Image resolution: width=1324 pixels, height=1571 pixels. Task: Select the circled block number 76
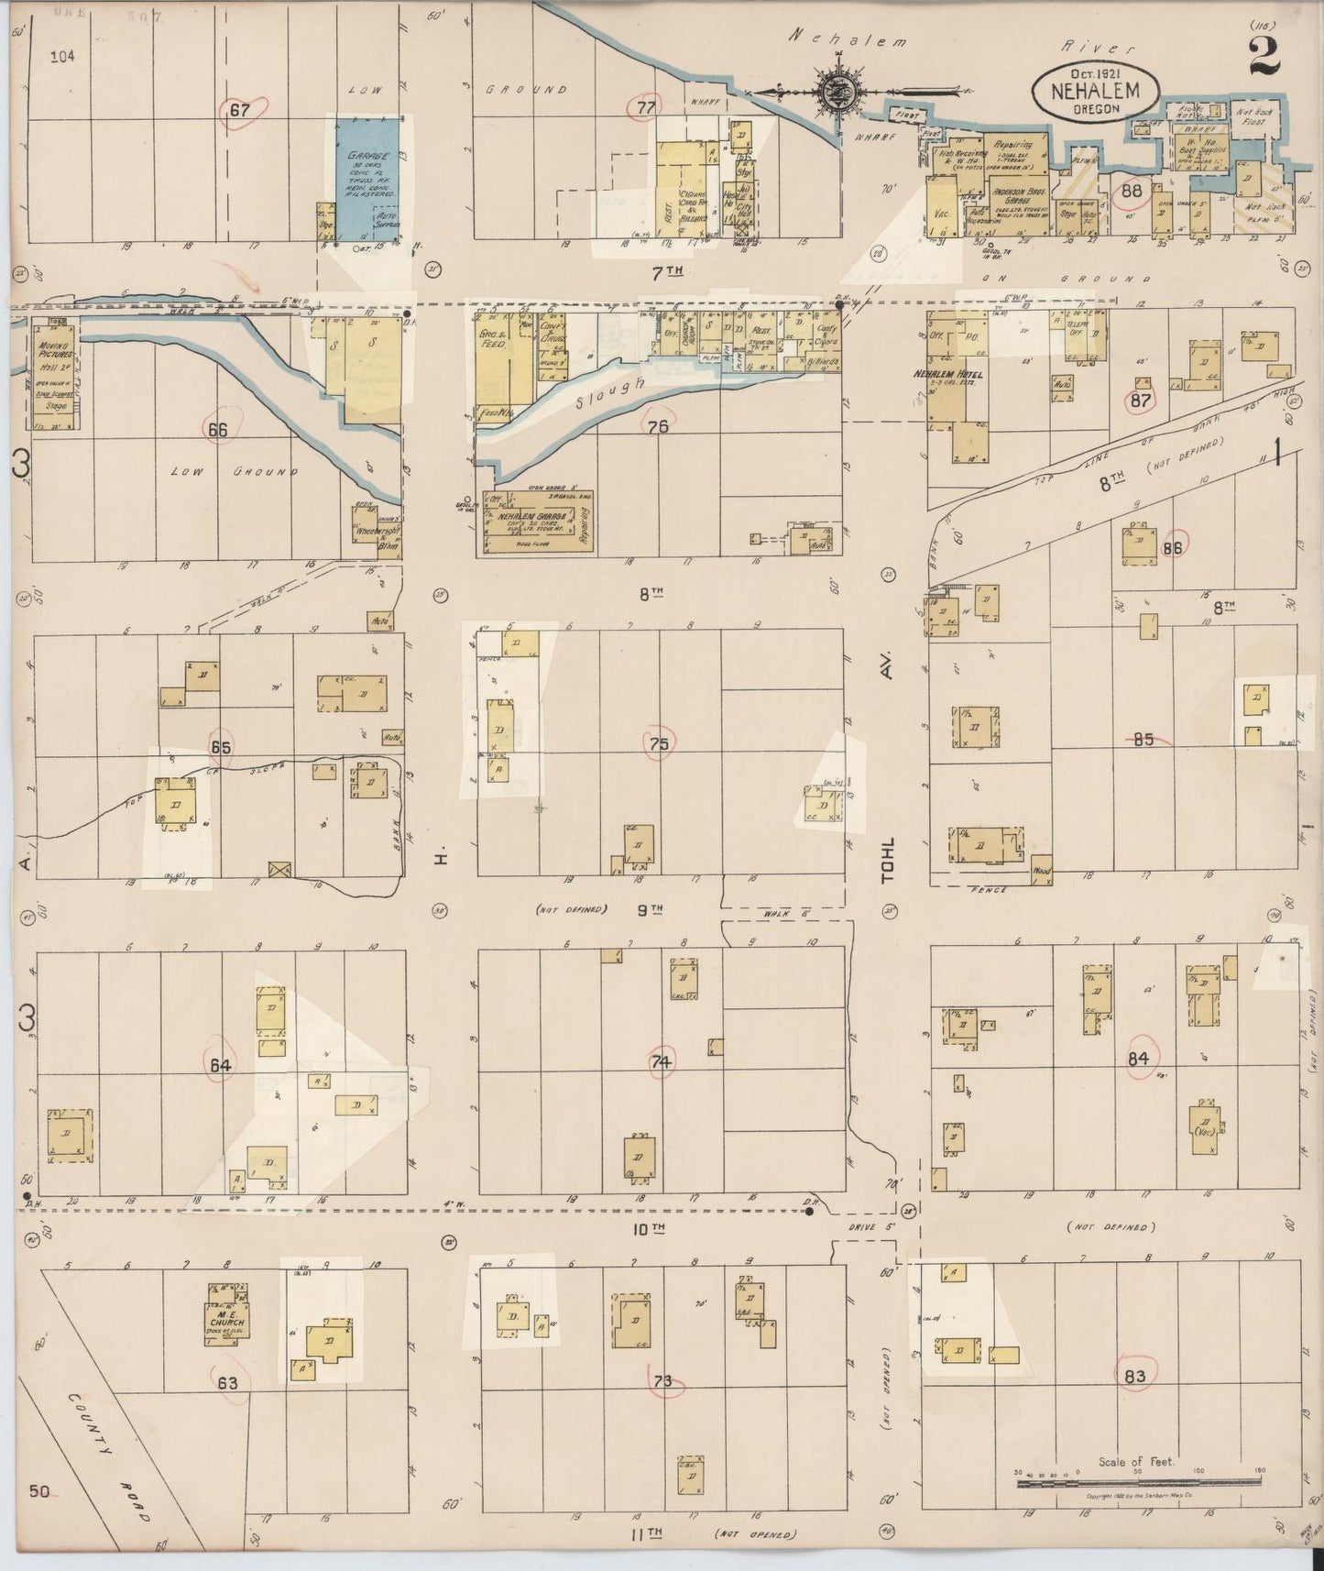tap(657, 427)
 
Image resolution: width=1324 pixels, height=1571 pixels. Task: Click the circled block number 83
tap(1134, 1375)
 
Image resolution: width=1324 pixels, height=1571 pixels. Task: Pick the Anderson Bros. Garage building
tap(1017, 184)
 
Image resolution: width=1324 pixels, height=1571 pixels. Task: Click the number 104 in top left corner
tap(62, 57)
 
